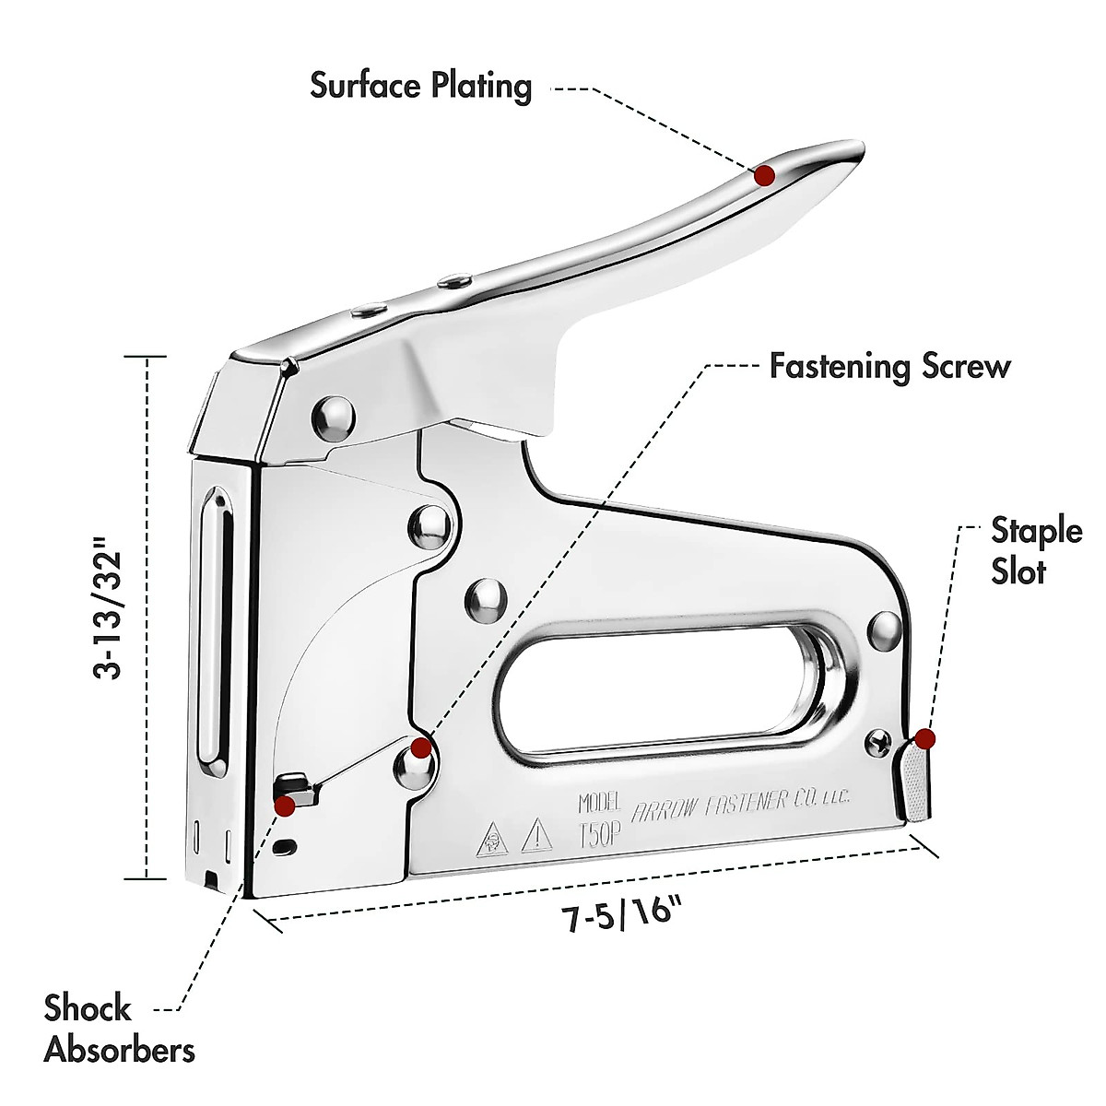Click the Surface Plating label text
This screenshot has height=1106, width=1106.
pyautogui.click(x=421, y=86)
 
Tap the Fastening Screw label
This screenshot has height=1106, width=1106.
pyautogui.click(x=889, y=366)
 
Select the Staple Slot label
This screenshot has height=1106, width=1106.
pyautogui.click(x=1036, y=550)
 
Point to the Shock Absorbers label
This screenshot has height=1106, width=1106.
pyautogui.click(x=119, y=1029)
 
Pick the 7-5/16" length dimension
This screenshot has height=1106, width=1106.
pyautogui.click(x=623, y=917)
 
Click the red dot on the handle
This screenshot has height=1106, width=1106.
pyautogui.click(x=764, y=175)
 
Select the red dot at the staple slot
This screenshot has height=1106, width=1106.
pyautogui.click(x=925, y=738)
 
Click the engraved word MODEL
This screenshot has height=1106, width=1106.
pyautogui.click(x=600, y=802)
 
